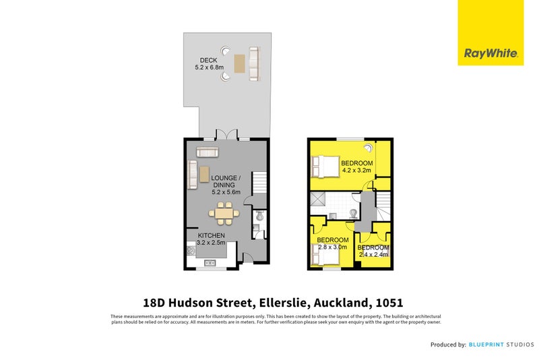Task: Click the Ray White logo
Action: tap(490, 32)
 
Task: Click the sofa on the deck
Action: tap(254, 64)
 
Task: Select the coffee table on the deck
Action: tap(239, 64)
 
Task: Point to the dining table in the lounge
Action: tap(223, 214)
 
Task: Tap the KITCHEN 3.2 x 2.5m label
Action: tap(210, 239)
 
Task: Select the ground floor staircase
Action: tap(260, 181)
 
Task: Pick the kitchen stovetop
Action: tap(191, 252)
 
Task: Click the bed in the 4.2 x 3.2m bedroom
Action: tap(323, 165)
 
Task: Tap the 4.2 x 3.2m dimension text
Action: tap(356, 171)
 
